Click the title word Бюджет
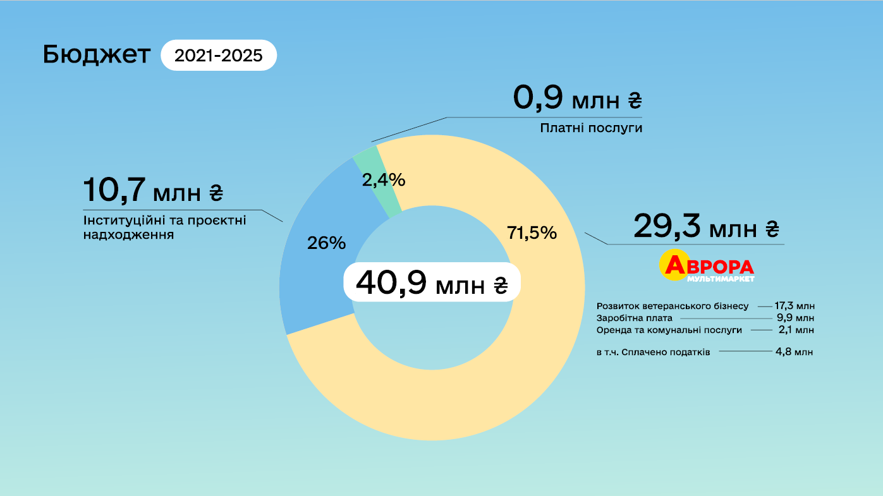click(x=97, y=56)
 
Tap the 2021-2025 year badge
click(x=219, y=56)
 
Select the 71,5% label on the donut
click(x=532, y=233)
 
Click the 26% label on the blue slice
click(x=326, y=243)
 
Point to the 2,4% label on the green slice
click(x=383, y=180)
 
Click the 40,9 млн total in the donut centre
click(x=432, y=282)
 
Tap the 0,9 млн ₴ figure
click(x=577, y=99)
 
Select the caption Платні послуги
click(x=591, y=128)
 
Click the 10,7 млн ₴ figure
click(x=153, y=191)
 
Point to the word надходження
click(x=129, y=235)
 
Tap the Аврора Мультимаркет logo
click(x=707, y=266)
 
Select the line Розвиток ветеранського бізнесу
click(x=673, y=306)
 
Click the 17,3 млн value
click(x=795, y=306)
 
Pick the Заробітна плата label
click(x=635, y=318)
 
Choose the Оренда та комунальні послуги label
click(x=669, y=330)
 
